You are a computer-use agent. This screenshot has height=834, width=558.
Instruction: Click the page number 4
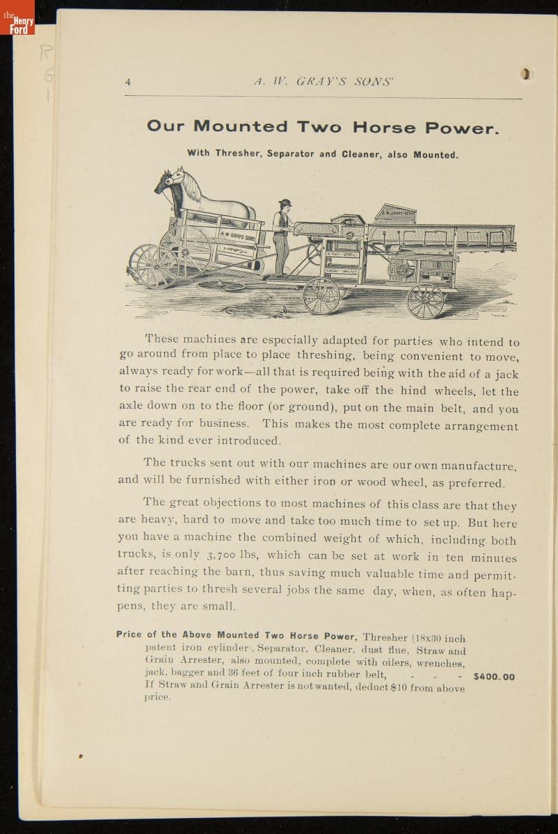point(127,81)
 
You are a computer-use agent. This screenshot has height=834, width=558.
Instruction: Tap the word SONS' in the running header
point(374,81)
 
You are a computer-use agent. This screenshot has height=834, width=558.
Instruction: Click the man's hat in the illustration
point(284,203)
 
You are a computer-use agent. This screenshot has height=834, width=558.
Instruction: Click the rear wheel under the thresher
point(425,300)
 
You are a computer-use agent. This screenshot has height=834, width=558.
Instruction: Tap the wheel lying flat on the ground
point(221,285)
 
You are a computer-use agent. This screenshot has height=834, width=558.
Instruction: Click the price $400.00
point(494,676)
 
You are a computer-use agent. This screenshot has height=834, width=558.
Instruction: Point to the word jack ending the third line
point(503,374)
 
